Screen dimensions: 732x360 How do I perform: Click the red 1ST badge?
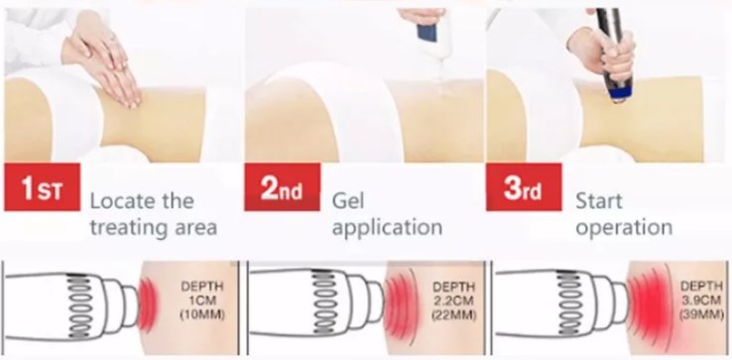[42, 186]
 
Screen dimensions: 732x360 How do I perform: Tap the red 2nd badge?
[282, 186]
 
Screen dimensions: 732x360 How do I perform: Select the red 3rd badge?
[524, 186]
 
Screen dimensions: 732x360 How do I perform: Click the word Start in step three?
[599, 201]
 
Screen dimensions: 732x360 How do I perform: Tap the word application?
[387, 228]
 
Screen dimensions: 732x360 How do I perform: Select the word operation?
[624, 228]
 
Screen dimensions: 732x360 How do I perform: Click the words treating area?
[153, 228]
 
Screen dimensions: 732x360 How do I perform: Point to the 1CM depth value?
[202, 300]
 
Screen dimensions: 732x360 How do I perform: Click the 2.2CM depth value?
[453, 300]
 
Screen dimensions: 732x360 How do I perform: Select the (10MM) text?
[202, 314]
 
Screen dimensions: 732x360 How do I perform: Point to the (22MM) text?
[453, 314]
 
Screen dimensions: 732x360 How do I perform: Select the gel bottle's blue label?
[427, 33]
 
